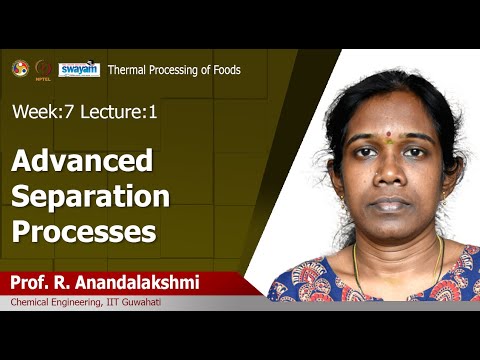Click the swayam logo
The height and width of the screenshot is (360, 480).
tap(78, 69)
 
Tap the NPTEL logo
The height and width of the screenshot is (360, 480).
tap(43, 69)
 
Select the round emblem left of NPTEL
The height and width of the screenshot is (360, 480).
tap(20, 68)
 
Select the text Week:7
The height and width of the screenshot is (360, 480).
tap(39, 112)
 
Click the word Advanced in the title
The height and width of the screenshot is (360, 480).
tap(82, 160)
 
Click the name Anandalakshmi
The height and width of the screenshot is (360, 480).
tap(143, 283)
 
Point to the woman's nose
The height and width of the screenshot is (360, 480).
tap(386, 178)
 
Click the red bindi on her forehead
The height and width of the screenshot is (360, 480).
tap(386, 141)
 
